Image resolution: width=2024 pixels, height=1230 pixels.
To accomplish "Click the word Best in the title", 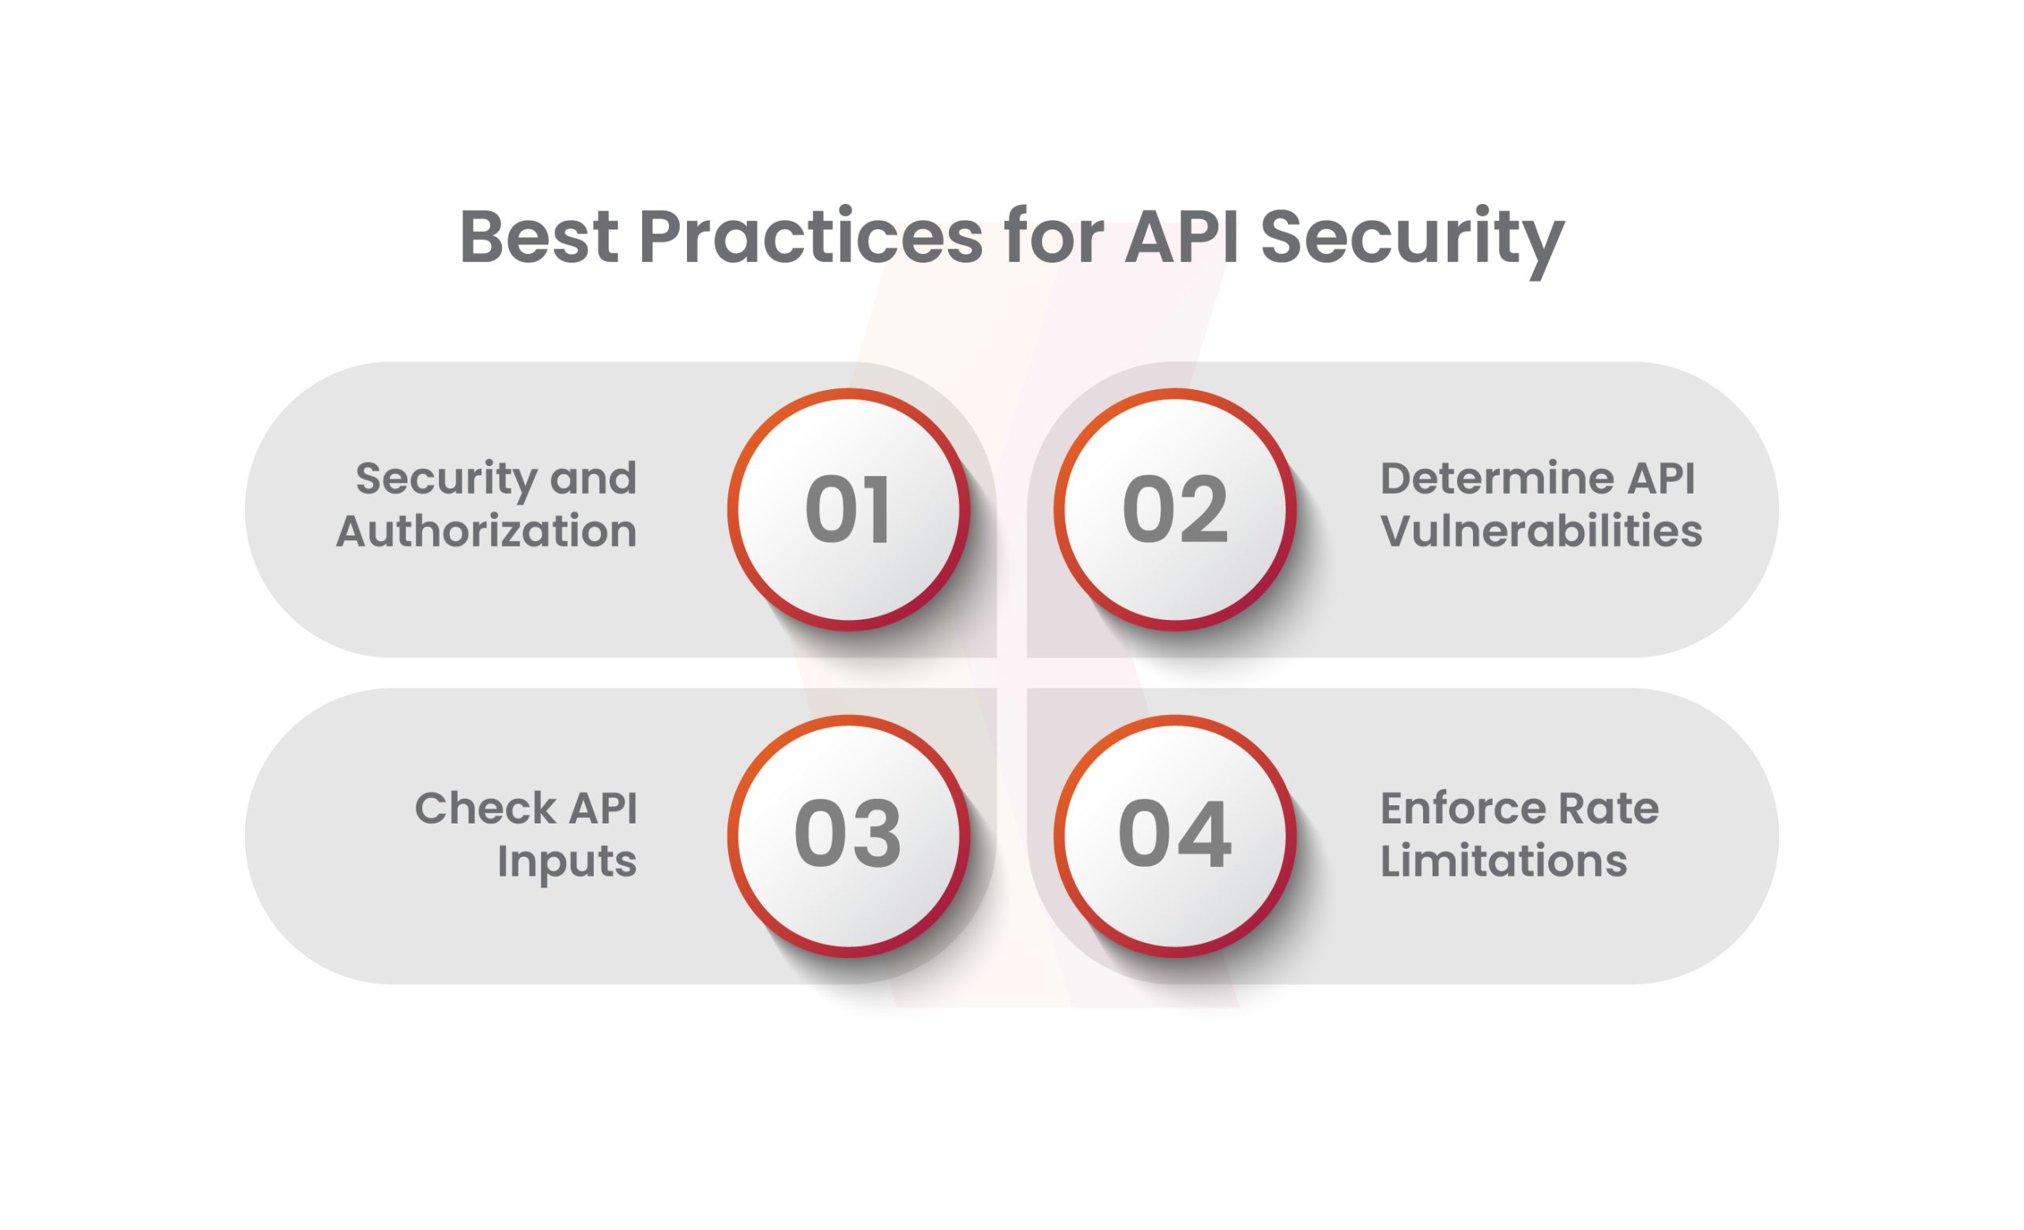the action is [539, 237].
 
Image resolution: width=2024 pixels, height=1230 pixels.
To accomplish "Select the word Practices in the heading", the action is [810, 237].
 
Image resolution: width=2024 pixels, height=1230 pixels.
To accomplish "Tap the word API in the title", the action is [1181, 237].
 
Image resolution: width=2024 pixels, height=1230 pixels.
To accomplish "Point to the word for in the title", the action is [1053, 237].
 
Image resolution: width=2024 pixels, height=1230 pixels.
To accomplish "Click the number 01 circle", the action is [848, 509].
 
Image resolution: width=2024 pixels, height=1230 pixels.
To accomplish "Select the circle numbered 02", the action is [1175, 509].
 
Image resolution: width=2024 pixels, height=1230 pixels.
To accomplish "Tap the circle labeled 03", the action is [848, 835].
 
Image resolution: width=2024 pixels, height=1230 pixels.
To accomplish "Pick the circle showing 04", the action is [1175, 835].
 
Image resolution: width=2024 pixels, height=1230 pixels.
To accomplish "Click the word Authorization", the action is [486, 531].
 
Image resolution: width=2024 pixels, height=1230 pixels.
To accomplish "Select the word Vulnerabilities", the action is [1541, 531].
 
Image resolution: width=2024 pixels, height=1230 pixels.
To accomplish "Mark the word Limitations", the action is [1503, 861].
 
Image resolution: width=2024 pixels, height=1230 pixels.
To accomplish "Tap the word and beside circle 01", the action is [594, 479].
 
